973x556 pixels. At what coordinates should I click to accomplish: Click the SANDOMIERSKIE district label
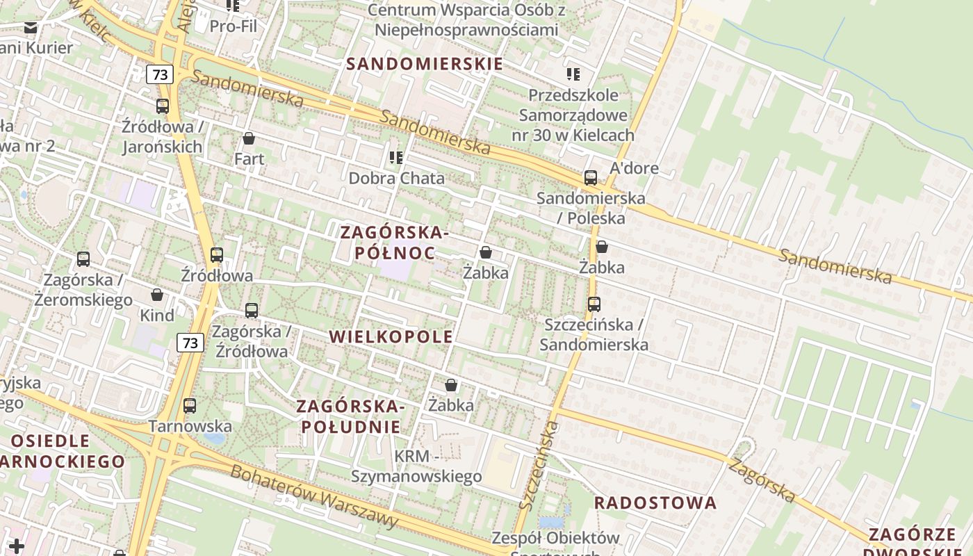coord(424,64)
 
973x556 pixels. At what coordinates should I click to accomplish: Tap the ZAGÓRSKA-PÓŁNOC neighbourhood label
coord(395,243)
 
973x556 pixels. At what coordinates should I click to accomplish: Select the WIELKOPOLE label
coord(391,337)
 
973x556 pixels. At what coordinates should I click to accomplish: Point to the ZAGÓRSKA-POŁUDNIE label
coord(351,416)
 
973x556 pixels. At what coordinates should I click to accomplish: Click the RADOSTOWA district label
coord(655,502)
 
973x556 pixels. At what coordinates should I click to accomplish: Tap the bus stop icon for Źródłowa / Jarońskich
coord(163,106)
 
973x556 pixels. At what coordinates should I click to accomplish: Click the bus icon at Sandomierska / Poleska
coord(591,178)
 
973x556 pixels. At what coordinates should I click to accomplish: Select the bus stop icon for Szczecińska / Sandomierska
coord(594,304)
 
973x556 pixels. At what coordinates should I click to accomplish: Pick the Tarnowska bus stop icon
coord(190,406)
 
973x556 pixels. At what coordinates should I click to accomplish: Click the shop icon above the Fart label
coord(249,138)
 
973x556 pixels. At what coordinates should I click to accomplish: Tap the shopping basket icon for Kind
coord(157,295)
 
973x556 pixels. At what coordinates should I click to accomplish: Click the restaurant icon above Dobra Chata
coord(396,158)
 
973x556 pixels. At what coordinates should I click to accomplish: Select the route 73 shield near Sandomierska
coord(160,74)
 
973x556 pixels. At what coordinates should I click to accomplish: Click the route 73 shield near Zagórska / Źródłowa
coord(190,342)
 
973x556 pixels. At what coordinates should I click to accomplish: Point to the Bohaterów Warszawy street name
coord(314,496)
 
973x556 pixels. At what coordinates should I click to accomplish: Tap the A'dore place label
coord(634,168)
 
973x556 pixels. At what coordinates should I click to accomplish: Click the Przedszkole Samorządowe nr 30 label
coord(573,115)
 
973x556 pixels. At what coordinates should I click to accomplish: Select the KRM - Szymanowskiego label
coord(416,466)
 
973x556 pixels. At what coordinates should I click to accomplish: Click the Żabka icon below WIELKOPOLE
coord(451,385)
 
